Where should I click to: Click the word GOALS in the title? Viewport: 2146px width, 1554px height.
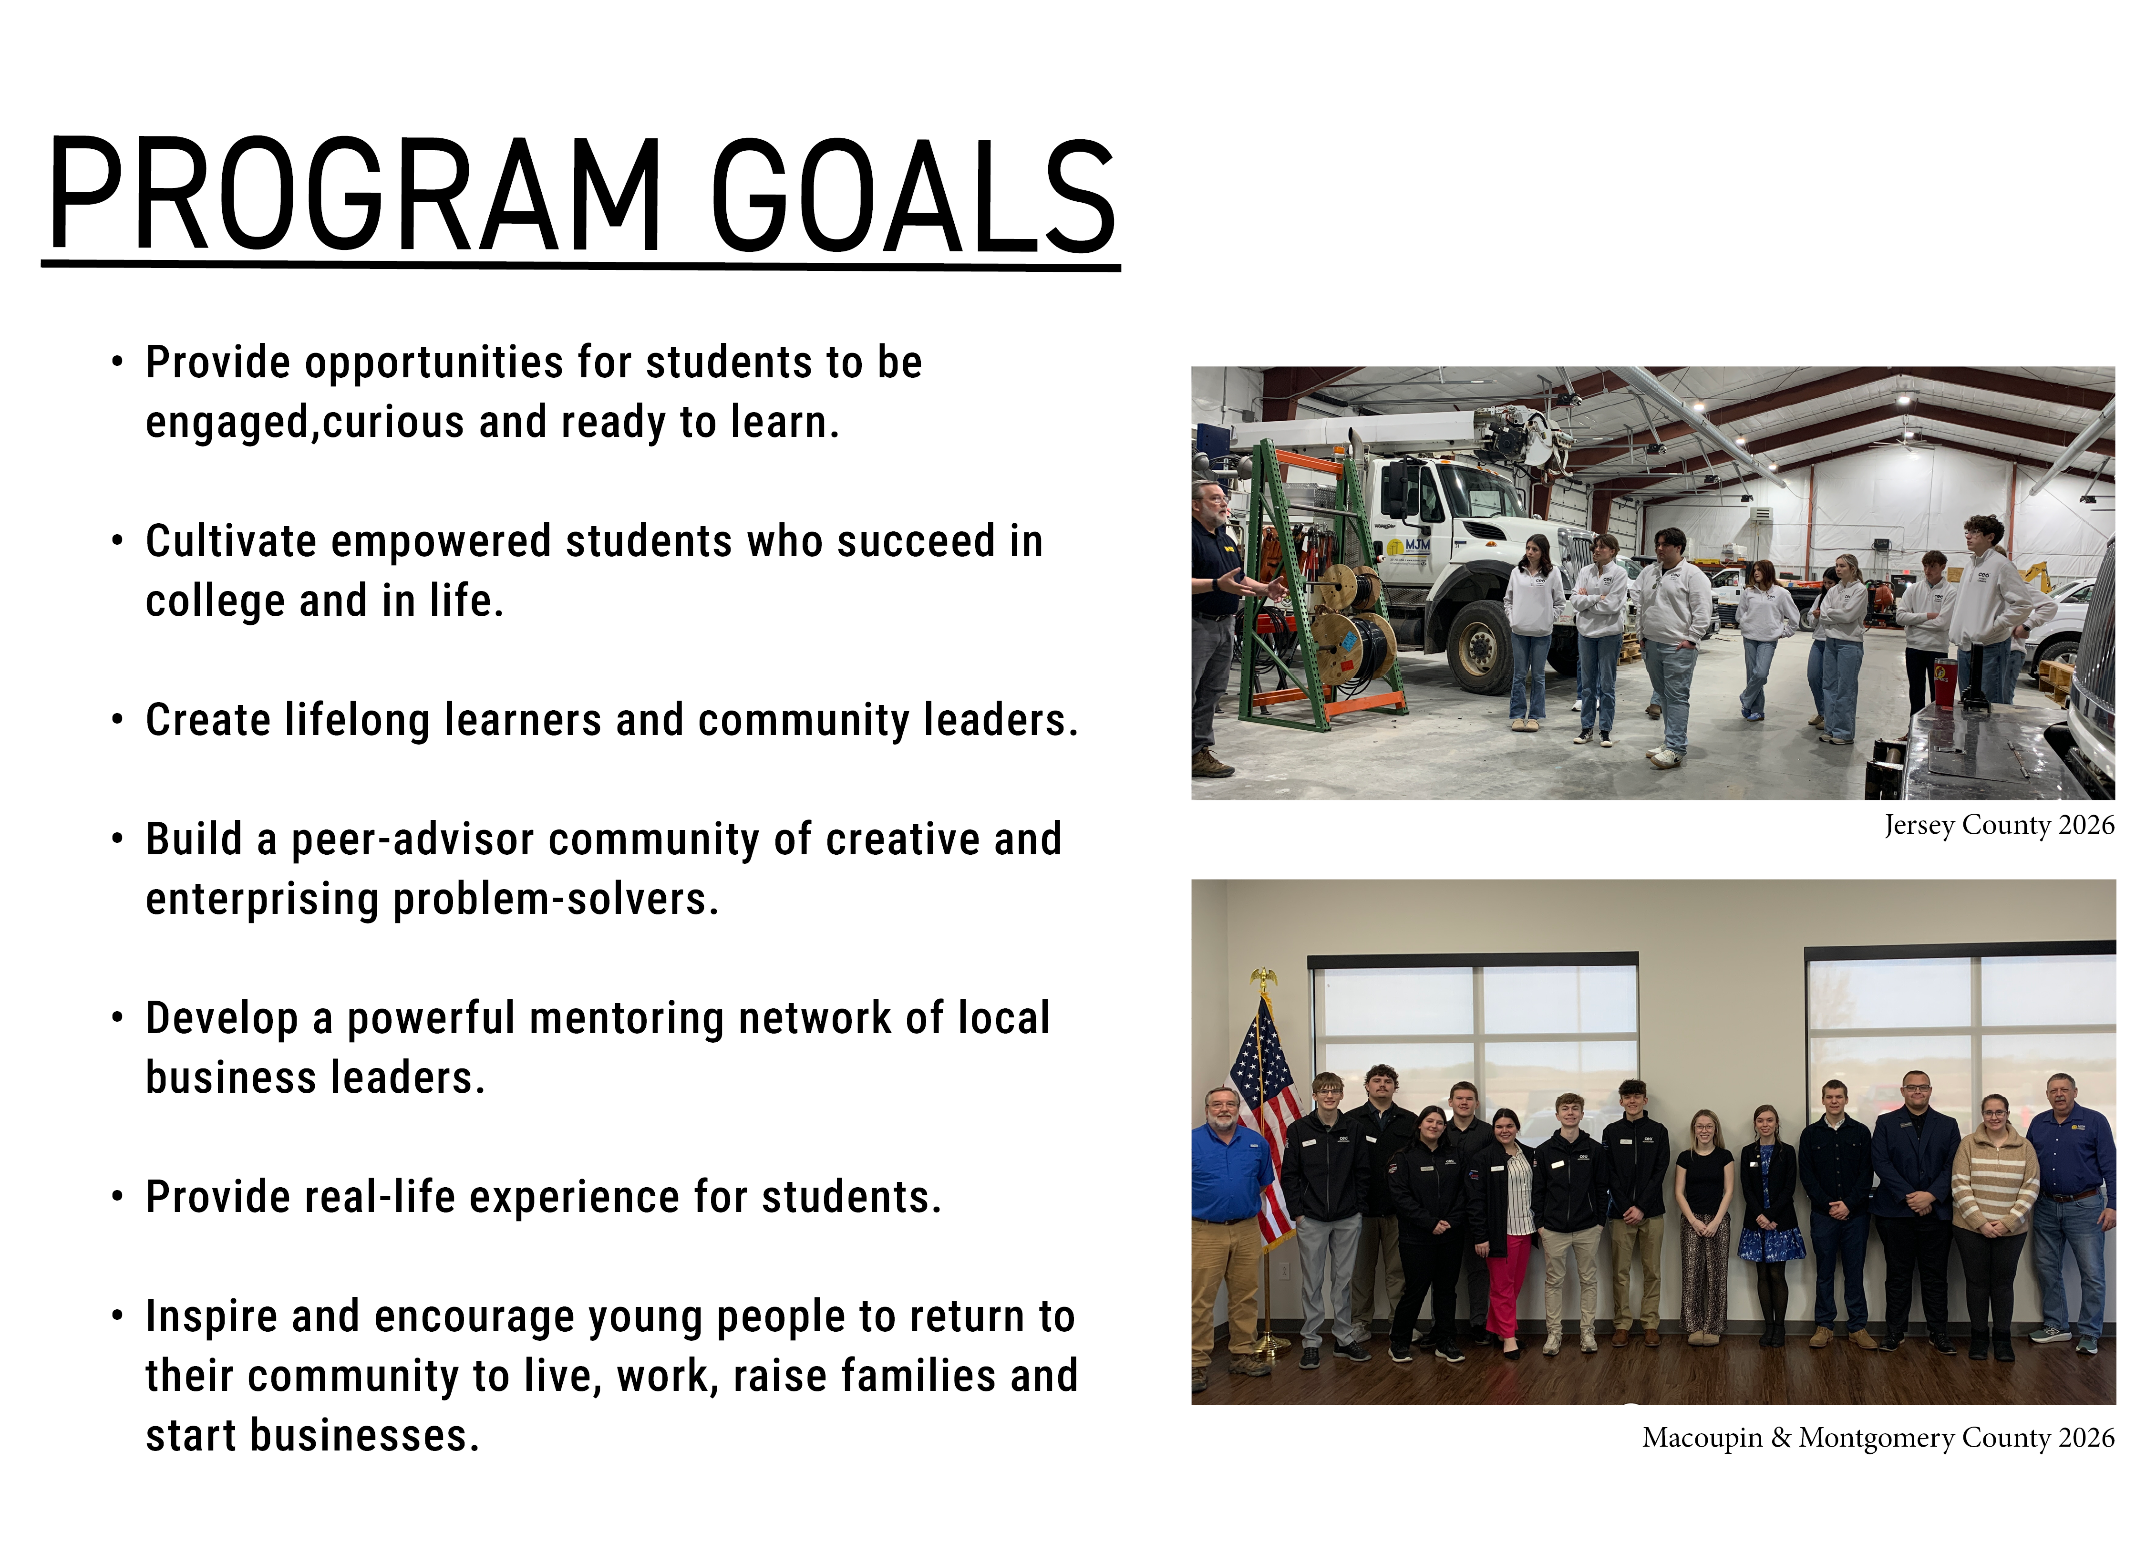(x=913, y=197)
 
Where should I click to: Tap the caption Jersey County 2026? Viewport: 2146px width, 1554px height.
(x=1998, y=825)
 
